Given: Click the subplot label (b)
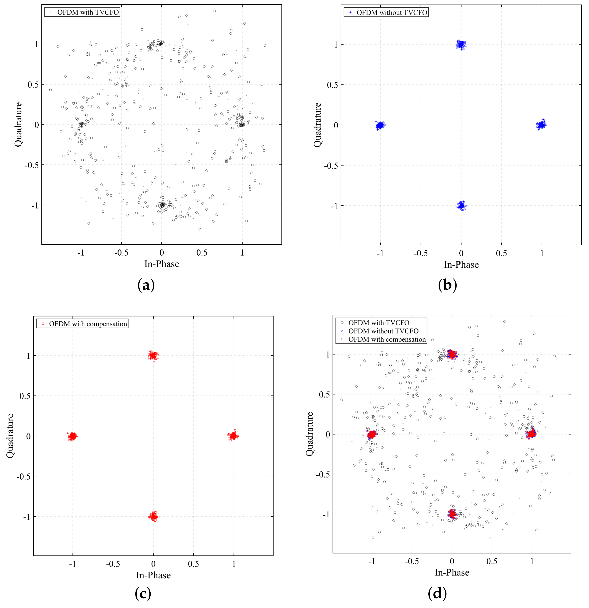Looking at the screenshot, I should pyautogui.click(x=447, y=285).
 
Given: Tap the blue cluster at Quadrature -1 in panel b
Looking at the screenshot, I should pyautogui.click(x=461, y=205).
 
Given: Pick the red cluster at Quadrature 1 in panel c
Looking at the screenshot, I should pyautogui.click(x=153, y=355).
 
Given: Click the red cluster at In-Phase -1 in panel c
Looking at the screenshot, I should pyautogui.click(x=72, y=436).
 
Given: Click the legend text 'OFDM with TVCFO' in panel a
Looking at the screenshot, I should pyautogui.click(x=88, y=12).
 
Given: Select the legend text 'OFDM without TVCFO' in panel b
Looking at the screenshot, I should pyautogui.click(x=392, y=13).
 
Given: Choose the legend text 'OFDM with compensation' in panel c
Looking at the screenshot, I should pyautogui.click(x=88, y=324).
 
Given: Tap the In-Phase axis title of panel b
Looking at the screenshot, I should pyautogui.click(x=461, y=265).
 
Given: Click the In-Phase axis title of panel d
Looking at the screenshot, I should pyautogui.click(x=452, y=572).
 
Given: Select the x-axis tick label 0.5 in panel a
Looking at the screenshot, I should pyautogui.click(x=202, y=253).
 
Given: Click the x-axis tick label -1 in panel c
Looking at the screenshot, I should pyautogui.click(x=72, y=564).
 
